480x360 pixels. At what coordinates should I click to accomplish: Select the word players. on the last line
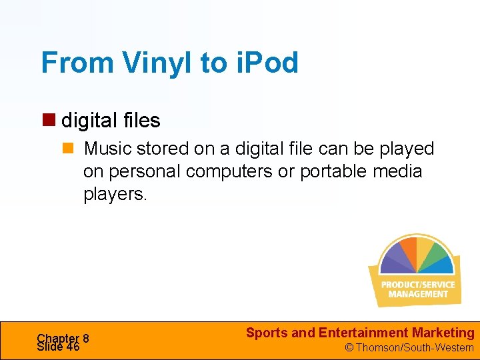pos(112,195)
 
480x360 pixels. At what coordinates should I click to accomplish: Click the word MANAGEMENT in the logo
pos(418,294)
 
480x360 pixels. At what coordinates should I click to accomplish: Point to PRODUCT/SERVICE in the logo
pos(418,285)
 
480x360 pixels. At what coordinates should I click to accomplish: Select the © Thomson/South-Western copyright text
pos(409,347)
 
